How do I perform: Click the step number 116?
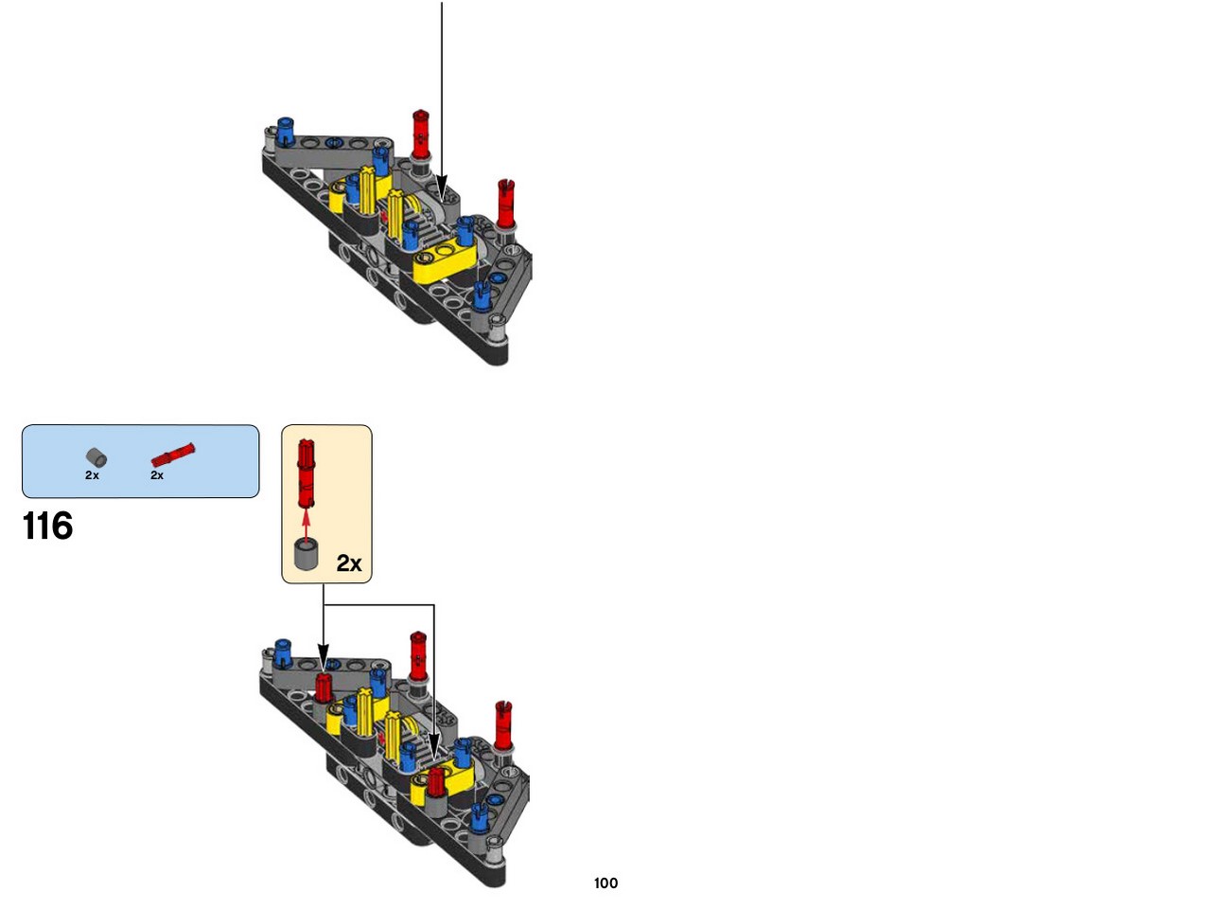tap(47, 526)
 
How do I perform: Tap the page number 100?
tap(605, 883)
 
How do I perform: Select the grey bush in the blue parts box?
tap(96, 456)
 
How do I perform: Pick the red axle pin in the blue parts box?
tap(173, 455)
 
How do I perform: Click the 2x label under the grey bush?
tap(92, 474)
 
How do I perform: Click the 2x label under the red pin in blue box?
tap(157, 474)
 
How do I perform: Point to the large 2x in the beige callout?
tap(349, 563)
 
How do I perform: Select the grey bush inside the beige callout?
tap(307, 554)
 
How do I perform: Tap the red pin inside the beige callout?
tap(307, 473)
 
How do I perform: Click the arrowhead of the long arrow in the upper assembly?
tap(442, 187)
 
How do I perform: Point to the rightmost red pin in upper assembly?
tap(505, 203)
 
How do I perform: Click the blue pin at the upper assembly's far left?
tap(285, 131)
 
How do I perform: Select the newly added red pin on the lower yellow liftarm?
tap(436, 780)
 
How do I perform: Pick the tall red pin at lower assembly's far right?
tap(503, 725)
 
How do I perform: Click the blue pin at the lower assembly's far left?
tap(283, 652)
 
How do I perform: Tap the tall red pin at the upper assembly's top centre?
tap(420, 134)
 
